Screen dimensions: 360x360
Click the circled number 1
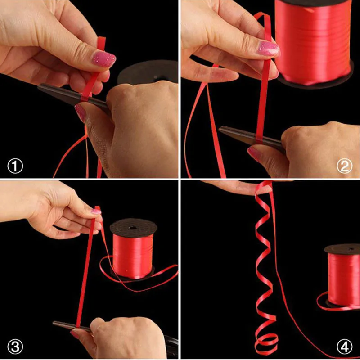(15, 166)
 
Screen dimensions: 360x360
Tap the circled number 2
(344, 166)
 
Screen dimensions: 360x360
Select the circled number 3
(15, 346)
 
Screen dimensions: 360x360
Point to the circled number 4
(344, 346)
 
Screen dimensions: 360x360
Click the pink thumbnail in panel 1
(104, 59)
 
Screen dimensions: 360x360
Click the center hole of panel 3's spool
(132, 228)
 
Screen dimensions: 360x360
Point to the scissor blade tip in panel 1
(39, 86)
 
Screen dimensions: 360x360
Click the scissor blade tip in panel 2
(220, 129)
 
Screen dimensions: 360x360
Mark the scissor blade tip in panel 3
(54, 323)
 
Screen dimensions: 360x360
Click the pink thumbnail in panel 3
(96, 211)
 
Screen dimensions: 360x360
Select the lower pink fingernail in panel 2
(254, 154)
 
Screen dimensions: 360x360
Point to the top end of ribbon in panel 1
(102, 37)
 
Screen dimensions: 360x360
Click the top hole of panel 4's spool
(351, 249)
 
